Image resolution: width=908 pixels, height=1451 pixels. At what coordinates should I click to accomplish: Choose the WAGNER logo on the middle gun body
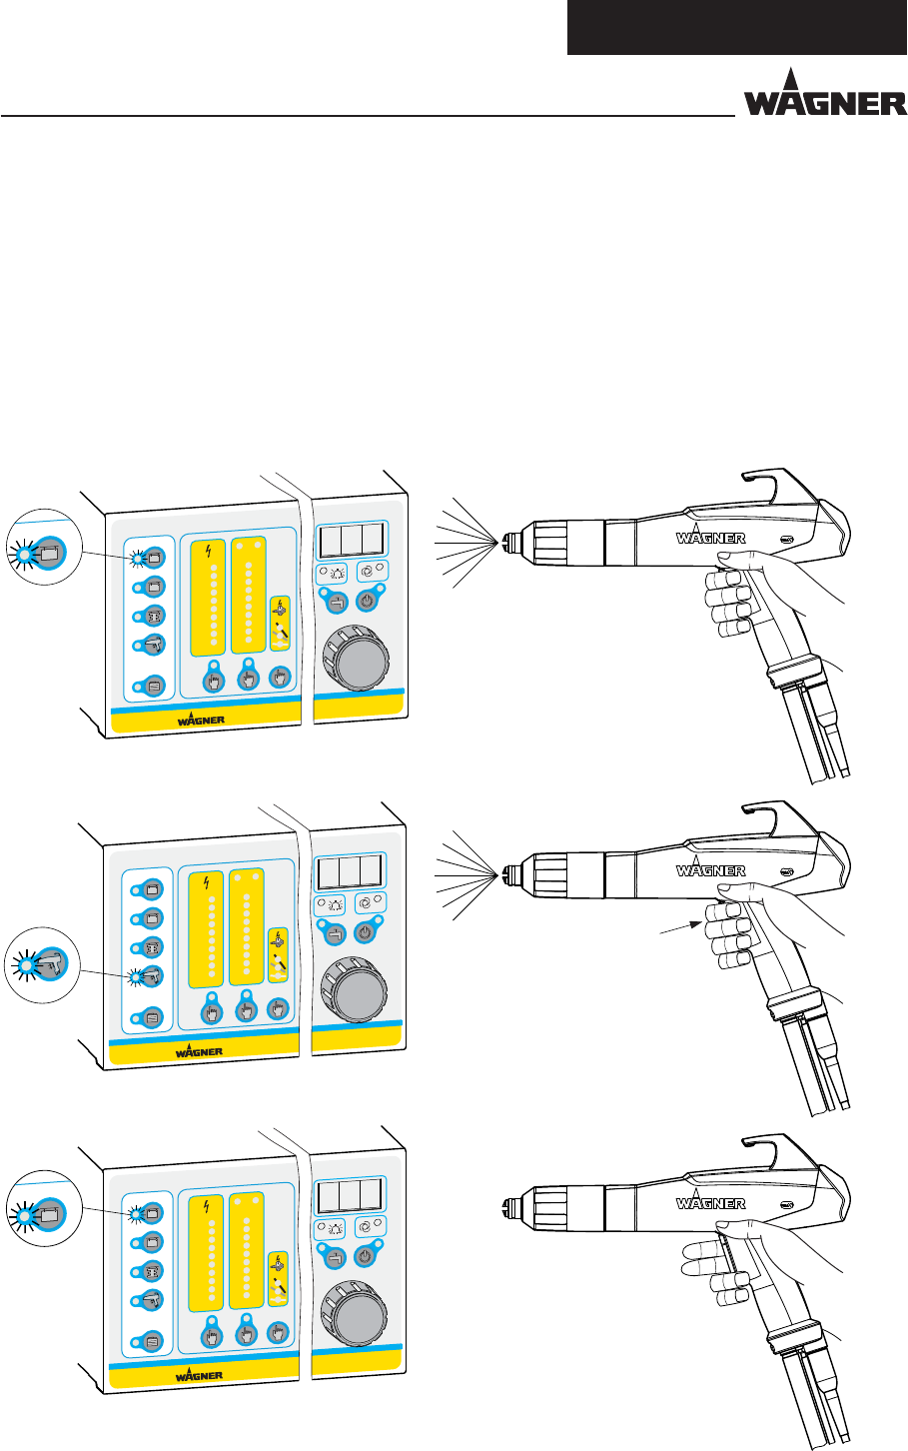[x=710, y=870]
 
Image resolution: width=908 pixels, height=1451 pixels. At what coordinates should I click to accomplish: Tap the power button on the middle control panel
[x=366, y=931]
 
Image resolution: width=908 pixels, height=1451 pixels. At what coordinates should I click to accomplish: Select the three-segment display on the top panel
[x=350, y=541]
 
